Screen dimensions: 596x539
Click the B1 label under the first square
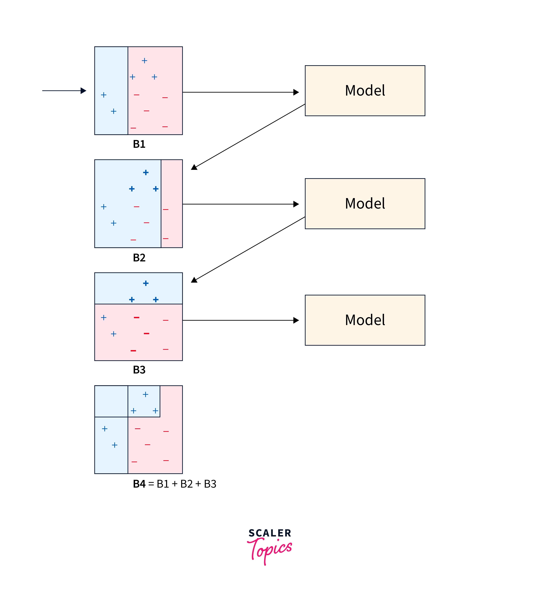click(139, 144)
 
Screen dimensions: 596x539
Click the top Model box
click(365, 90)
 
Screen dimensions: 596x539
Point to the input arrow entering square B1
click(64, 90)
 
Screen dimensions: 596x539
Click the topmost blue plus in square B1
click(144, 61)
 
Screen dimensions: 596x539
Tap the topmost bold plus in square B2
click(146, 172)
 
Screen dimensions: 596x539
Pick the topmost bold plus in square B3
click(146, 283)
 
